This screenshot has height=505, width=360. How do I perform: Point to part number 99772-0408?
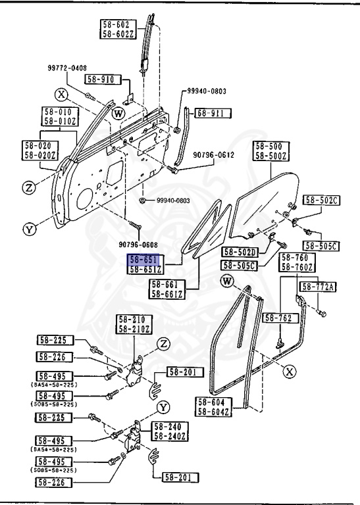86,68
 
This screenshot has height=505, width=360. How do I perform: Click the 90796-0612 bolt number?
213,155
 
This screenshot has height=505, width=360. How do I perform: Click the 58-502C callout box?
321,201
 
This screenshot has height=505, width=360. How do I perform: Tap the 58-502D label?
240,252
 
